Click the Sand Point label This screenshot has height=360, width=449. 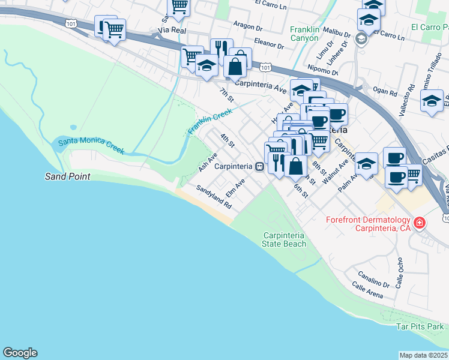click(68, 176)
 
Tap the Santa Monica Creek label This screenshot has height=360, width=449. click(91, 144)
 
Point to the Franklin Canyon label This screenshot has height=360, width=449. click(304, 34)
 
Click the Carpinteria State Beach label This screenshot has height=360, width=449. click(284, 239)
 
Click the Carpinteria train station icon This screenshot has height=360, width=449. click(259, 166)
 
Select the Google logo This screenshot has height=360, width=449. click(20, 353)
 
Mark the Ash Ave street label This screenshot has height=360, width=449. click(208, 162)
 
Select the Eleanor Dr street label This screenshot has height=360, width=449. click(268, 44)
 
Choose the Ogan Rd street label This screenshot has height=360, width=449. click(385, 93)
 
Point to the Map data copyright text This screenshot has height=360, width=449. click(423, 355)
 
